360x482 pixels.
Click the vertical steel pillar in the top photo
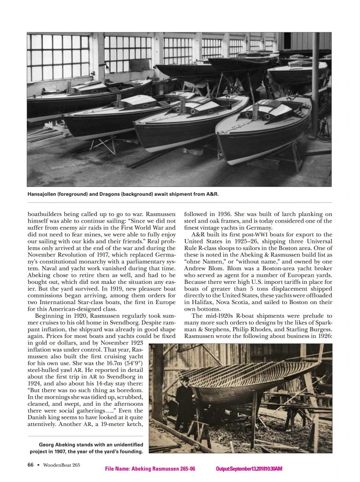pyautogui.click(x=314, y=85)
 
